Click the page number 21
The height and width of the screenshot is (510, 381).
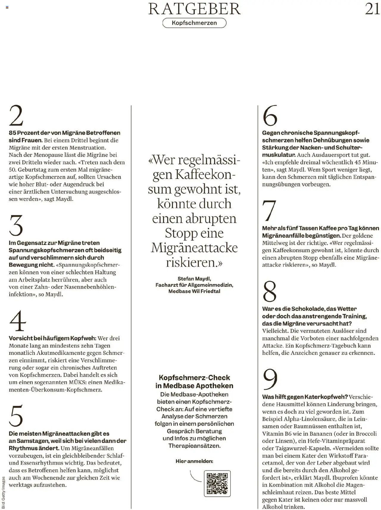(x=372, y=9)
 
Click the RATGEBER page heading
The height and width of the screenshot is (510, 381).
(x=194, y=9)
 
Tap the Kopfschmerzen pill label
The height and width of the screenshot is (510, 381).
(x=194, y=23)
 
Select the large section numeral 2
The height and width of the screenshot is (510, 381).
(x=16, y=116)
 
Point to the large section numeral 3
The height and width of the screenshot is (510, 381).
(x=16, y=225)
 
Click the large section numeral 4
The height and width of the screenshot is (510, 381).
(x=18, y=321)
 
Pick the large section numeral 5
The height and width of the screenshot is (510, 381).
(x=16, y=416)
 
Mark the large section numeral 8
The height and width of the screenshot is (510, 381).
(x=269, y=291)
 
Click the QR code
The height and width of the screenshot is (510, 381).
(x=217, y=484)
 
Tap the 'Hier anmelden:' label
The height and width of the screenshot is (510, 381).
(x=194, y=461)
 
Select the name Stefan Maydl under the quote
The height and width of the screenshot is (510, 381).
(x=194, y=279)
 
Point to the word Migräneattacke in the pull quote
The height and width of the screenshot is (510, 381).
(x=194, y=248)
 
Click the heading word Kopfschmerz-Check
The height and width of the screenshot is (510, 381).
(x=194, y=378)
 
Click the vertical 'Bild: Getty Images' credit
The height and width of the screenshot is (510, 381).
(x=3, y=493)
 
